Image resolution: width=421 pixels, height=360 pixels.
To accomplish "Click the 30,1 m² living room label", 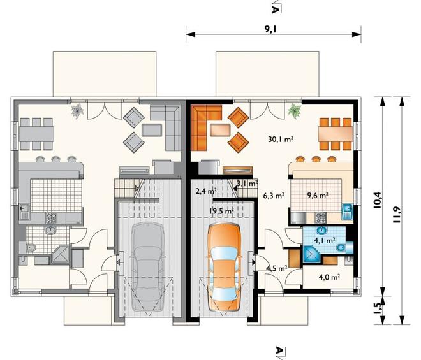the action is coord(280,139).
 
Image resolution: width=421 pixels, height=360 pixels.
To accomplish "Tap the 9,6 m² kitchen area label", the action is coord(318,195).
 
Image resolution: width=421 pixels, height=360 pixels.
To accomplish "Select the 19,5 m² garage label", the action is coord(221,211).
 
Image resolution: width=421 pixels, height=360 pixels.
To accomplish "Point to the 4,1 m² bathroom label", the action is coord(325,240).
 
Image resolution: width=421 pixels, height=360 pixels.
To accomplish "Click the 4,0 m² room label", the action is coord(329,277).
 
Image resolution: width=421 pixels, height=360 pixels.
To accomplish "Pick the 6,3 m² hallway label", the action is coord(274,195).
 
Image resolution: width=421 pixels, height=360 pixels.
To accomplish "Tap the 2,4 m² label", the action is coord(207,191).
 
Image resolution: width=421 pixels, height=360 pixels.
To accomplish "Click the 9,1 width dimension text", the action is coord(271,29).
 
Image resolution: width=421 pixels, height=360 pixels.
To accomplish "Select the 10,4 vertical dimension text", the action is coord(378,199).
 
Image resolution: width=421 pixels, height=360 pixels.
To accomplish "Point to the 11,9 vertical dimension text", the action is coord(396,215).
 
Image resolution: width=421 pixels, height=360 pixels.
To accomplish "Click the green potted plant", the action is coord(295,111).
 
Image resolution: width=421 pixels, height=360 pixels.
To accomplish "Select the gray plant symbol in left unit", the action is coord(78,110).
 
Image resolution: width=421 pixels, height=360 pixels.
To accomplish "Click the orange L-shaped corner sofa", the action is coord(205,127).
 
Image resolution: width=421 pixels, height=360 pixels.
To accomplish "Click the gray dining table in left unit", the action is coord(36,134).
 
